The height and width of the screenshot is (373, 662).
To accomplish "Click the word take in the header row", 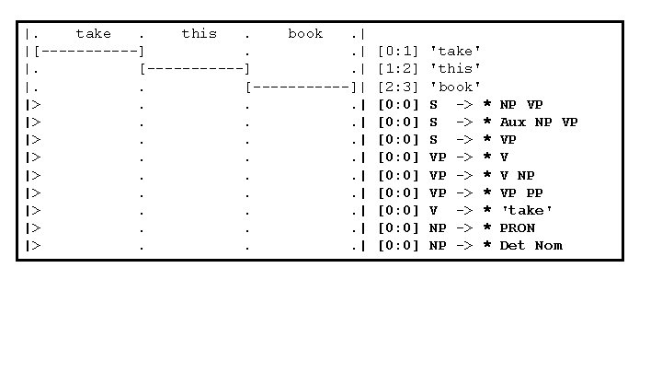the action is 93,34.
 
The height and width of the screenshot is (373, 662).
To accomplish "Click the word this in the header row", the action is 199,34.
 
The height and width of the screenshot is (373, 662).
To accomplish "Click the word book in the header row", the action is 305,34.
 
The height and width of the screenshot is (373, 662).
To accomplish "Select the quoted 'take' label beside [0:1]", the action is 455,52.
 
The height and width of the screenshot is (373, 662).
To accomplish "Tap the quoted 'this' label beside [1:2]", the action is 455,69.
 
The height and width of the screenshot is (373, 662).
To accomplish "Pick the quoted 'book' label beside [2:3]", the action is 455,87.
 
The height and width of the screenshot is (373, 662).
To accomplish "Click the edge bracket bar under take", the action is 88,52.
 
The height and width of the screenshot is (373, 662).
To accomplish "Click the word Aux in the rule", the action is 513,122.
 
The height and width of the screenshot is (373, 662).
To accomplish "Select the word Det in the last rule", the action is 513,246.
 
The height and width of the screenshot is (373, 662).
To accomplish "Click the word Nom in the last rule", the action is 548,246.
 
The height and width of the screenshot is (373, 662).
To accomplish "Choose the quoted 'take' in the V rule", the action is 526,211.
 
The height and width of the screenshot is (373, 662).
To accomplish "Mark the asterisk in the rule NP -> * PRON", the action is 487,228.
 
